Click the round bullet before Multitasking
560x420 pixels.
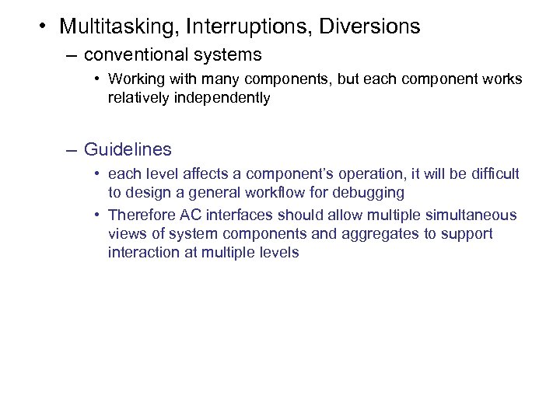(40, 27)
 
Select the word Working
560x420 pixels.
(134, 79)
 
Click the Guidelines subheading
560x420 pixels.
(128, 149)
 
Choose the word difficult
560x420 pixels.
(493, 173)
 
